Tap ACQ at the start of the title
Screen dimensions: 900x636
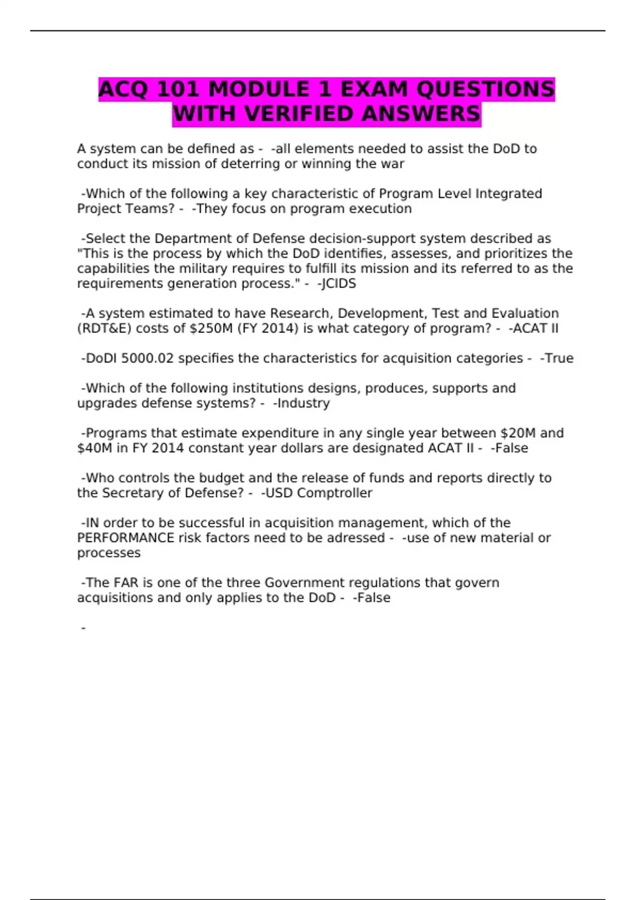pos(124,89)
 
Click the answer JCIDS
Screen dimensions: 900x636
pos(339,284)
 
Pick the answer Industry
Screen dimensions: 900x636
pos(303,403)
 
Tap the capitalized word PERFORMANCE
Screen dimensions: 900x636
pos(126,538)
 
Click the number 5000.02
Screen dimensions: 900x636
pos(147,358)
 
